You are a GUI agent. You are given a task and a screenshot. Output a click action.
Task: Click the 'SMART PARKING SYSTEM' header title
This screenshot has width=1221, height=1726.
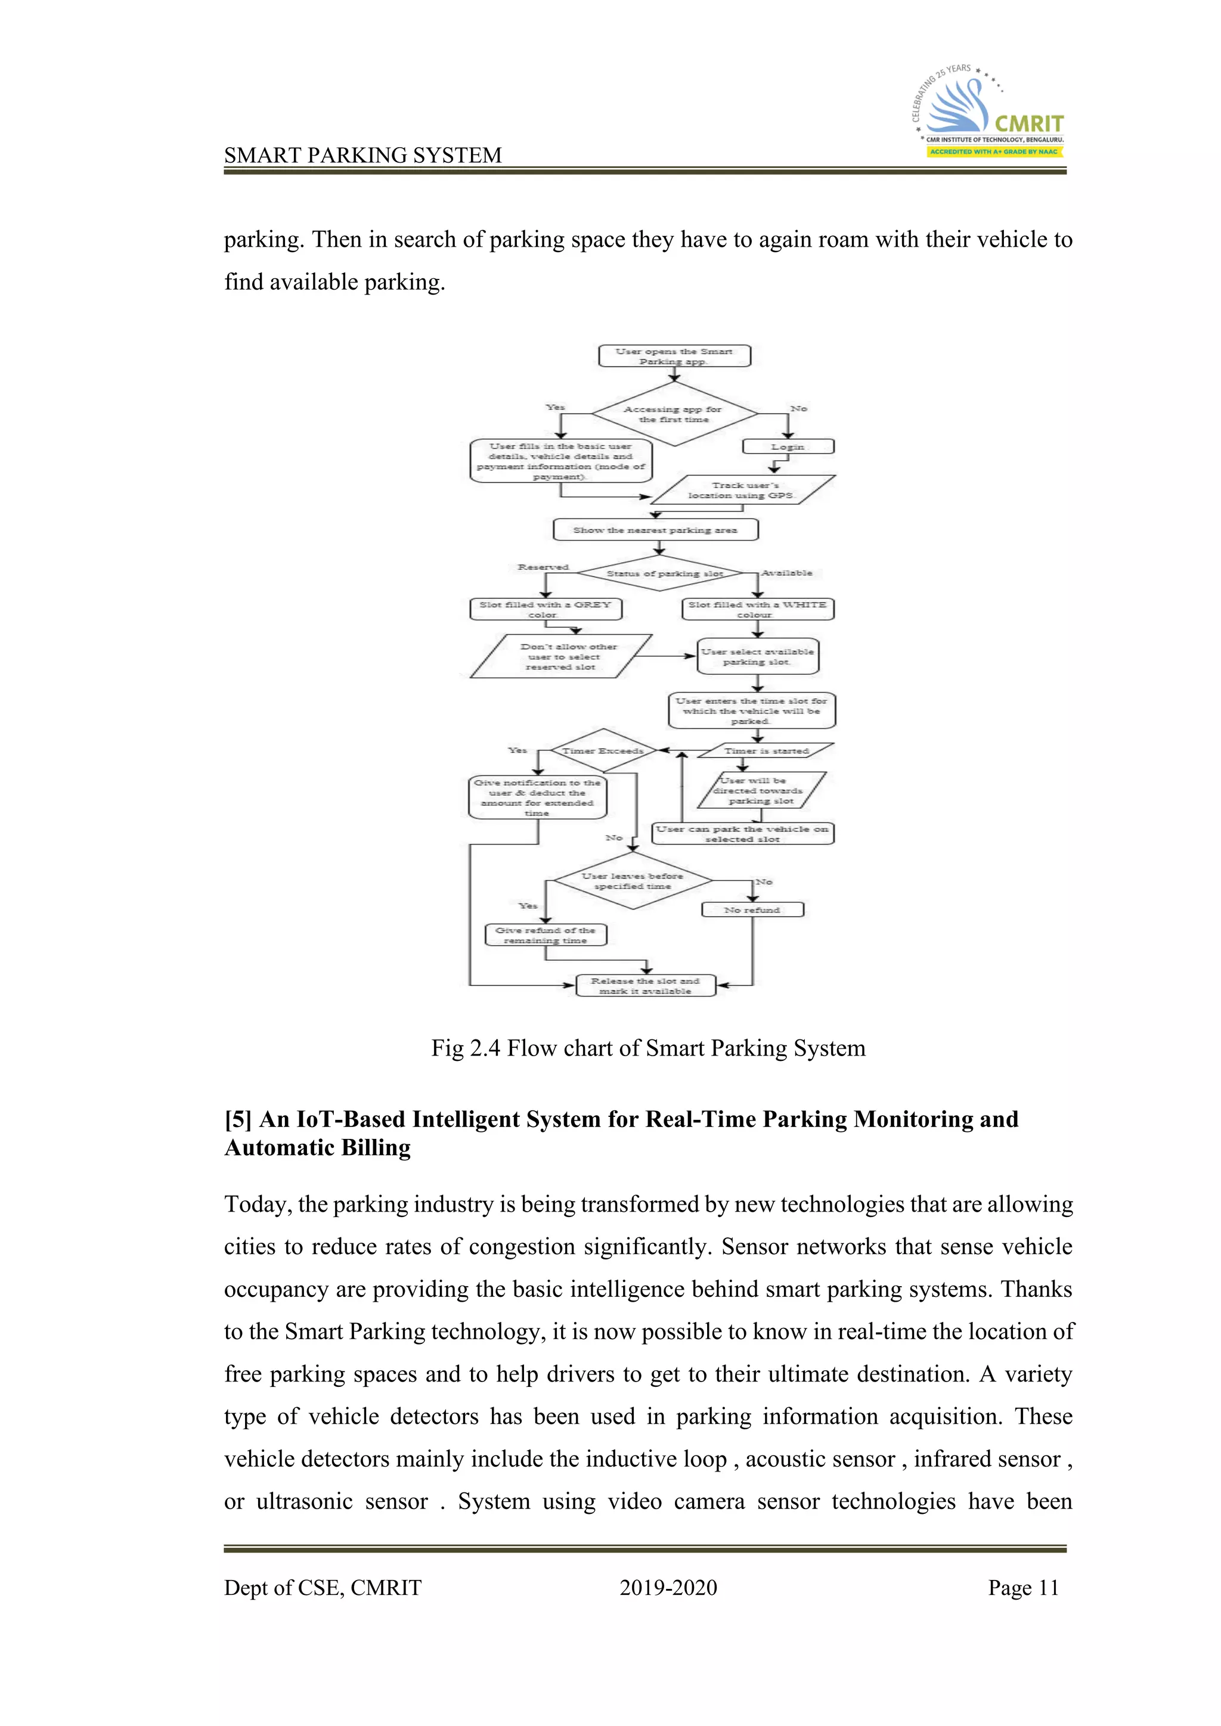[362, 155]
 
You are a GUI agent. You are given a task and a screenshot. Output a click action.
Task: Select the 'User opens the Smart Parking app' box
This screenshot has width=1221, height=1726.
[674, 356]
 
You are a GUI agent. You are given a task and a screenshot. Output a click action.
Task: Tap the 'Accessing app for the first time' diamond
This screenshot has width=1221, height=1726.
[674, 414]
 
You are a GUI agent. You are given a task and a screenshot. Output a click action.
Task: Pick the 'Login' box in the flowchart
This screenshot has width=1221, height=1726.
[788, 446]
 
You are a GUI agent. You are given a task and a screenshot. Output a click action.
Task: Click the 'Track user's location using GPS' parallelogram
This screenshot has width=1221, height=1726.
[742, 490]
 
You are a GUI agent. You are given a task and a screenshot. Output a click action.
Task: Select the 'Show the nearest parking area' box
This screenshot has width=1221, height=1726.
[655, 530]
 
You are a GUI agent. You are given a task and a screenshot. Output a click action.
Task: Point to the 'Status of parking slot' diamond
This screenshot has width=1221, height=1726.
[660, 573]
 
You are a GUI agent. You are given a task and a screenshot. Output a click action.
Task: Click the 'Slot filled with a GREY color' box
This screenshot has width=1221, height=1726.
[546, 609]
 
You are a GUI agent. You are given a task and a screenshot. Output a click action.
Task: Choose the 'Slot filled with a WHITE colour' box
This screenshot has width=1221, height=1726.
[757, 609]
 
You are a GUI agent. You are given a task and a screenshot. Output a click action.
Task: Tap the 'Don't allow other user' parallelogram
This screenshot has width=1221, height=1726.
[561, 656]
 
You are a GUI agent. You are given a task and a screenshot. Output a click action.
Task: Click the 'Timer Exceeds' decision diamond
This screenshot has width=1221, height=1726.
[603, 750]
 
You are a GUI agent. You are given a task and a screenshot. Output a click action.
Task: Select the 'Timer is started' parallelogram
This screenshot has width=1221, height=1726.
[766, 750]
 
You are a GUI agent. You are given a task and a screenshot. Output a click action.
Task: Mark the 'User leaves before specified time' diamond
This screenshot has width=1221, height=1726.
[633, 881]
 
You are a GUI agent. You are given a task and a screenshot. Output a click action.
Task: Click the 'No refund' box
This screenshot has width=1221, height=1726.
[752, 909]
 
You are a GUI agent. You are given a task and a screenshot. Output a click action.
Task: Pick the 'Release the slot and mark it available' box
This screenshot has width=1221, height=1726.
[645, 986]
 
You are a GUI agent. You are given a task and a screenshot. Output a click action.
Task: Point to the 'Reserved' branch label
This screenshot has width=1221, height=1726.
[543, 567]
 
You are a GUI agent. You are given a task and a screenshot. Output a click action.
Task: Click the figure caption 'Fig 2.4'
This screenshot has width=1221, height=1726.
[648, 1048]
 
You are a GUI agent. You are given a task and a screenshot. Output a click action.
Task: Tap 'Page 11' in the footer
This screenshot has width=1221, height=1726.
[1023, 1588]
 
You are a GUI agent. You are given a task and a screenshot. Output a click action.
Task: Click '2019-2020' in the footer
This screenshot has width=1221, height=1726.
[668, 1588]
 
